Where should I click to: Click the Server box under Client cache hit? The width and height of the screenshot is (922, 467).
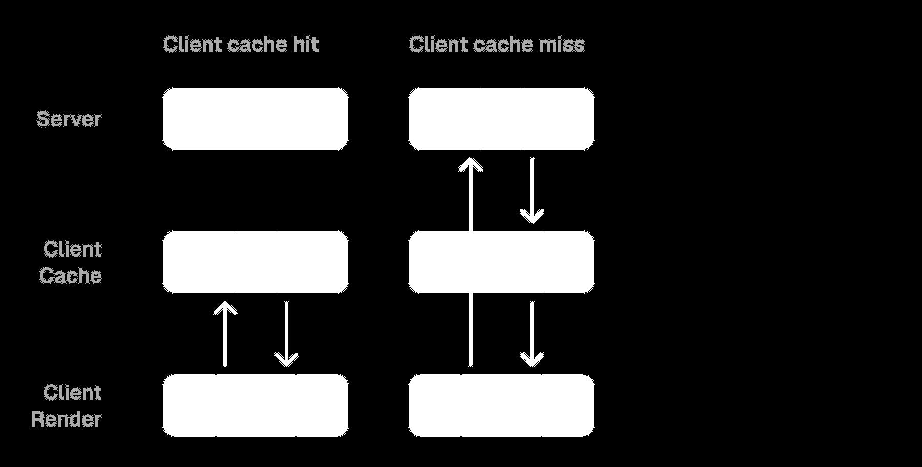pyautogui.click(x=255, y=118)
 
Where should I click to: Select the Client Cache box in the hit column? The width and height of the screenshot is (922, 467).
pyautogui.click(x=255, y=262)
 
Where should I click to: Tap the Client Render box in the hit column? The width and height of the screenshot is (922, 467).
pyautogui.click(x=255, y=405)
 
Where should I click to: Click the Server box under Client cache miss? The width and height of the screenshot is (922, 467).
pyautogui.click(x=501, y=118)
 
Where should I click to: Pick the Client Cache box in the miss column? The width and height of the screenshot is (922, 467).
pyautogui.click(x=501, y=262)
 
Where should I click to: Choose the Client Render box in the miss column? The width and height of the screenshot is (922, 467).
pyautogui.click(x=501, y=405)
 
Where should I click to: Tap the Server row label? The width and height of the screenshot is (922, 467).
pyautogui.click(x=69, y=119)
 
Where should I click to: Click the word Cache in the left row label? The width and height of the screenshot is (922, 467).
pyautogui.click(x=71, y=275)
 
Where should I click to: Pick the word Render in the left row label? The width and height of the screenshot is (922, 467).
pyautogui.click(x=67, y=419)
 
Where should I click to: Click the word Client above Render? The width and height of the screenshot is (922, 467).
pyautogui.click(x=73, y=393)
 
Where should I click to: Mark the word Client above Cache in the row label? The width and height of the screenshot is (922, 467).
pyautogui.click(x=73, y=249)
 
